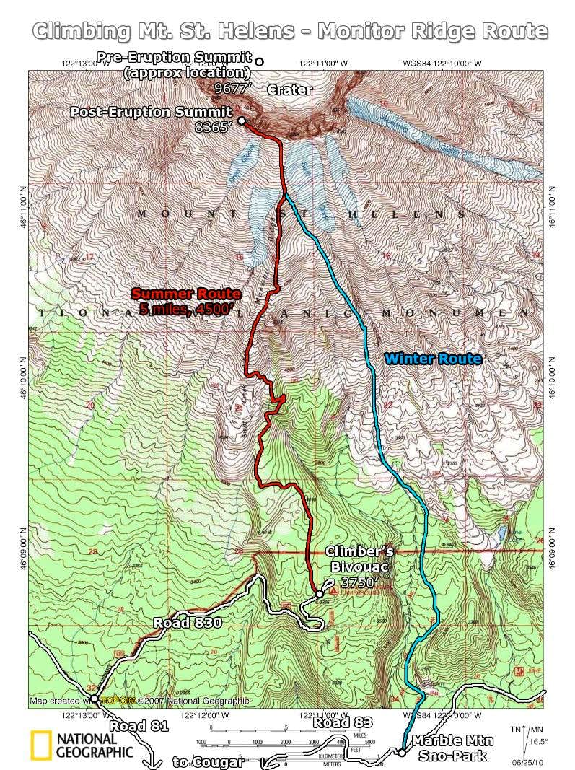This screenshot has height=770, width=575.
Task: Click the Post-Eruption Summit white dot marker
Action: pos(241,121)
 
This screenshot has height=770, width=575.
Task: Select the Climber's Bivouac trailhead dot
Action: pos(319,594)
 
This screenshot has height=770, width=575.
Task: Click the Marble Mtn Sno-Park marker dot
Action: pos(402,753)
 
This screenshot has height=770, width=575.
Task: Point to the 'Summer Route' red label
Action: pos(185,294)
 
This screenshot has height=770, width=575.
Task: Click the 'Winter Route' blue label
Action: pos(432,359)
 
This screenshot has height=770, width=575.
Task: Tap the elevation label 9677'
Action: pos(233,88)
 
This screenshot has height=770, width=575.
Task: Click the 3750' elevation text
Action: pos(360,582)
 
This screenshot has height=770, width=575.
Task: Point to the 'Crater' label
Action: pos(289,90)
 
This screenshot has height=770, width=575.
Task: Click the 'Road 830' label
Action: pos(188,624)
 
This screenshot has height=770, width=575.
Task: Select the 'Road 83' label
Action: pos(342,722)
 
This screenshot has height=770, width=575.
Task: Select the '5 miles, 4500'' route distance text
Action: pos(185,310)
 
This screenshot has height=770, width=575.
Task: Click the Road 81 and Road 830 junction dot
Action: pos(94,699)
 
